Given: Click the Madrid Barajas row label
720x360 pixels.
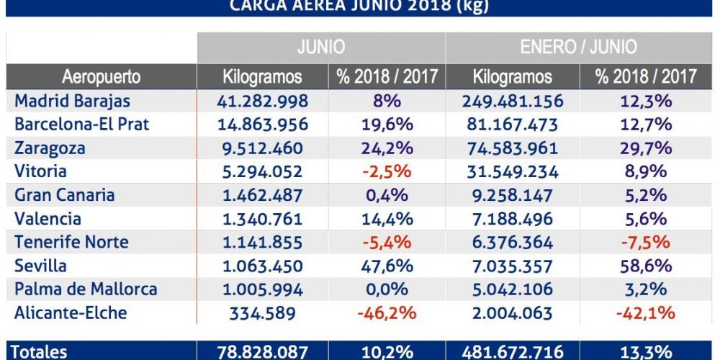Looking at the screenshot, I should tap(72, 101).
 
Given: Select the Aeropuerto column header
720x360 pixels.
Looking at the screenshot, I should tap(101, 77).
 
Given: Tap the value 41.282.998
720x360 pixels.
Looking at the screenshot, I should tap(262, 101).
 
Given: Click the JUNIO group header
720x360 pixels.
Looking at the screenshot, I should tap(321, 48).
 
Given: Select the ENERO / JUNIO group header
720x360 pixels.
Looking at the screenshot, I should tap(578, 48).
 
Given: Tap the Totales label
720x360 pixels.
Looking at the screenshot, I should tap(41, 351).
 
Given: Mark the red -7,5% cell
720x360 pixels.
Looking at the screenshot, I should tap(646, 243).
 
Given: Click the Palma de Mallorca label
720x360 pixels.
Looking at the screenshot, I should tap(86, 289).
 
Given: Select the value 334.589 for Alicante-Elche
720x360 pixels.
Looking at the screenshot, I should tap(262, 313).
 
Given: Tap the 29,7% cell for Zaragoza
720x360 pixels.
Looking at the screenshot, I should tap(646, 148).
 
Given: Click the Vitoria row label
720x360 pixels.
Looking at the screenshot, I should tap(40, 171).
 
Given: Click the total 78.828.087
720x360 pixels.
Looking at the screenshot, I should tap(262, 351).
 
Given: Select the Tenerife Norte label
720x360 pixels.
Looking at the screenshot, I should tap(71, 243).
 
